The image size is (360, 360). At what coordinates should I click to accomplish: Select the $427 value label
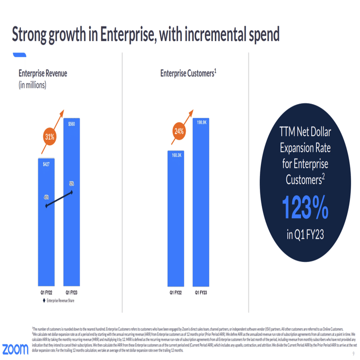[47, 164]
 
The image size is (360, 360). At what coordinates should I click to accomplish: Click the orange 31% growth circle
[49, 137]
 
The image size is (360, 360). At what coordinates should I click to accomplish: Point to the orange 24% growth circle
[179, 131]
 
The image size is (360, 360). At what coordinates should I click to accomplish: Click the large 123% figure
[305, 207]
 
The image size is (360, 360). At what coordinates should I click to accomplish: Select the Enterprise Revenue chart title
[43, 74]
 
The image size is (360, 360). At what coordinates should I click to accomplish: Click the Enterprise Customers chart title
[188, 74]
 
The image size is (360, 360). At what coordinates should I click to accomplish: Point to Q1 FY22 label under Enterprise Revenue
[47, 293]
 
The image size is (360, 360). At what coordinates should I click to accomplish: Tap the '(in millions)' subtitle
[33, 85]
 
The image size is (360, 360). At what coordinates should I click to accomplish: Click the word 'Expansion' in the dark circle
[305, 149]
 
